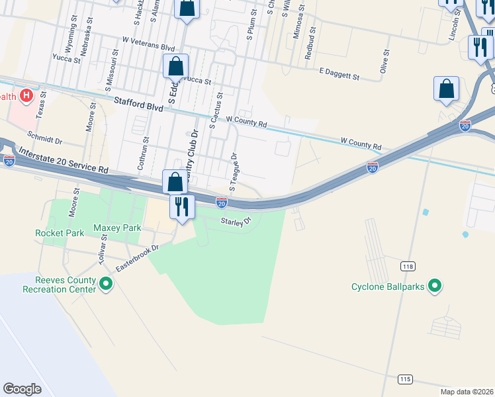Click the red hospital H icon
pyautogui.click(x=26, y=96)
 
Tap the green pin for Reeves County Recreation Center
pyautogui.click(x=106, y=285)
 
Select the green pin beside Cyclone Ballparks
pyautogui.click(x=435, y=286)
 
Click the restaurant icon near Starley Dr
pyautogui.click(x=181, y=206)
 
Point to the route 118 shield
pyautogui.click(x=407, y=265)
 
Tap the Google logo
pyautogui.click(x=22, y=389)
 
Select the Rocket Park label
pyautogui.click(x=60, y=233)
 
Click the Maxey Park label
pyautogui.click(x=118, y=228)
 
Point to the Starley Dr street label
pyautogui.click(x=237, y=221)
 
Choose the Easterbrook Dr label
pyautogui.click(x=138, y=259)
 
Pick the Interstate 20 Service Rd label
pyautogui.click(x=64, y=159)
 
